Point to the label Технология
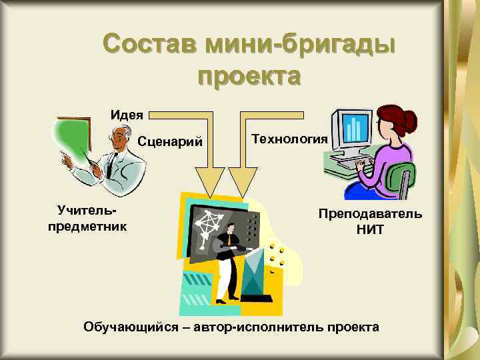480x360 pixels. (x=289, y=138)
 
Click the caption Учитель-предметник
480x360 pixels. (x=87, y=218)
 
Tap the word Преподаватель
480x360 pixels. (x=370, y=214)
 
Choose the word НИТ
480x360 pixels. (x=370, y=230)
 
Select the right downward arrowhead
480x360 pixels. (x=243, y=179)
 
